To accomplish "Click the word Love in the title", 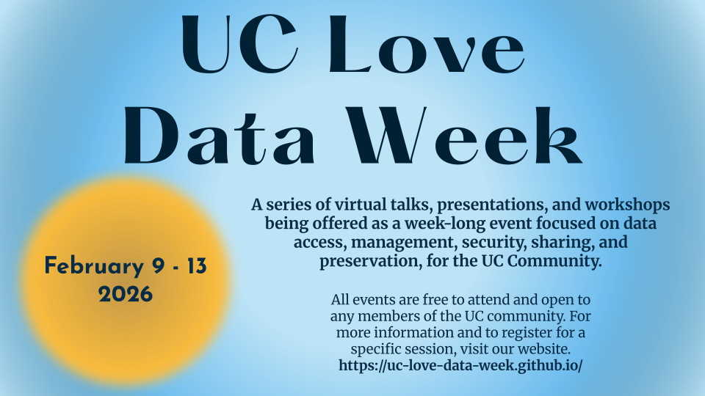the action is (x=427, y=44).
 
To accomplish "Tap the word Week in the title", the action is (x=464, y=136).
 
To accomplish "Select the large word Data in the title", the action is (x=219, y=136).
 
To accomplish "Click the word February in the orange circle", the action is (x=94, y=266).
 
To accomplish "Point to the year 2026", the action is (x=126, y=295).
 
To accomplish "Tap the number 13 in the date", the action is (x=197, y=265).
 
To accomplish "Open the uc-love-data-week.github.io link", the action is (x=460, y=365).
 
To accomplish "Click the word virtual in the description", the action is (x=360, y=205).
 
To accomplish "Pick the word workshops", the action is (x=627, y=205).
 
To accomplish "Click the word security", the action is (x=494, y=243).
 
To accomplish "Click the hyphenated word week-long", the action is (x=435, y=224).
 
